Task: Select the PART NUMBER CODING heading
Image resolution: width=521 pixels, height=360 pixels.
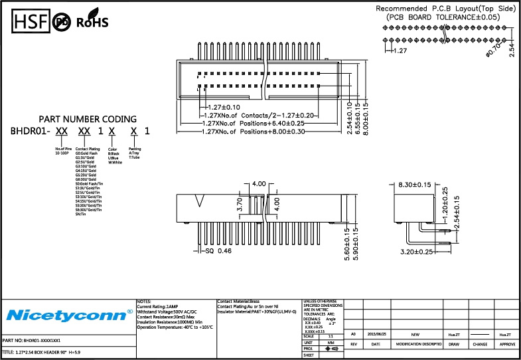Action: point(88,119)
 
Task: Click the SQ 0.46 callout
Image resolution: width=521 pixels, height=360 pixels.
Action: point(218,252)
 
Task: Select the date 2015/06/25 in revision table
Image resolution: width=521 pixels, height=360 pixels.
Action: point(378,335)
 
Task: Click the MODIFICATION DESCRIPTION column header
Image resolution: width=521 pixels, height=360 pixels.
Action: point(418,345)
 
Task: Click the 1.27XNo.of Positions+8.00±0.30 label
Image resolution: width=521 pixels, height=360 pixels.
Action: point(254,132)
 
